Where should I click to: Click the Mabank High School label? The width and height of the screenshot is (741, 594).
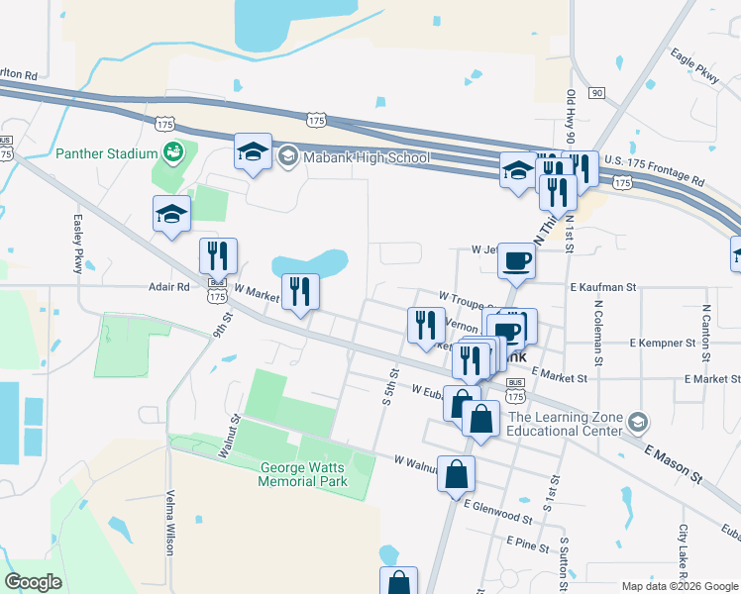367,156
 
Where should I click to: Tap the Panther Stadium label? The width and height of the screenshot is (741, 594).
107,153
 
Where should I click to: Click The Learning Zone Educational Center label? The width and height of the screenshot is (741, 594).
565,423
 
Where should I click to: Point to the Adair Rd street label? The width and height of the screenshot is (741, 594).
168,287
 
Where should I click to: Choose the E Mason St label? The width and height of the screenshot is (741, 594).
675,463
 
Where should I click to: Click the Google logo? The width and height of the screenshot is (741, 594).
34,582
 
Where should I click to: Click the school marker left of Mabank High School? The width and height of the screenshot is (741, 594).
253,152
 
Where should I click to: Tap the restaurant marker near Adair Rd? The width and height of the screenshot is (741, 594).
217,255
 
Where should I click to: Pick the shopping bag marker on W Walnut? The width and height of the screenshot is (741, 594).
458,474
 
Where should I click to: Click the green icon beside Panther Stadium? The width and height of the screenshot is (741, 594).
174,152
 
